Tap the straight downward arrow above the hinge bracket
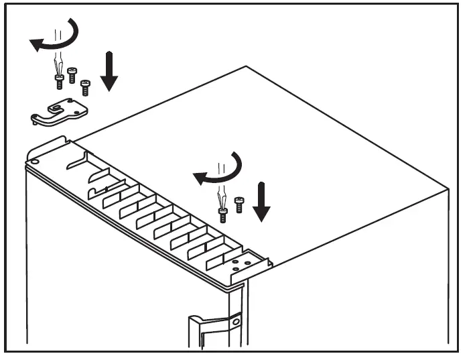click(x=109, y=74)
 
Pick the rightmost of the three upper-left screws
click(x=85, y=86)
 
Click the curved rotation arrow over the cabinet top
click(x=221, y=171)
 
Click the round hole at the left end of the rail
click(x=34, y=161)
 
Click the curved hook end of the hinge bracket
click(x=35, y=119)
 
